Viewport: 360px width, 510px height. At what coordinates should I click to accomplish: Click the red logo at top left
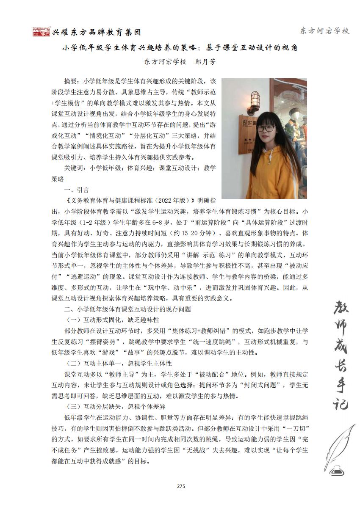coord(42,32)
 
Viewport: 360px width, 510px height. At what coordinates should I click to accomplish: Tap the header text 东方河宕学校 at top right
coord(324,31)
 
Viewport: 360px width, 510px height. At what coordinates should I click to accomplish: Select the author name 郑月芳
coord(205,62)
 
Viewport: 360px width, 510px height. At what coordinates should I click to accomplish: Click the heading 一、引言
coord(76,190)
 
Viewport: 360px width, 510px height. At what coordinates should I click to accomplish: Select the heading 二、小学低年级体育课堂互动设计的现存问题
coord(127,309)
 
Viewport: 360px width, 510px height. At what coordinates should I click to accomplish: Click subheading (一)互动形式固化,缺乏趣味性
coord(113,320)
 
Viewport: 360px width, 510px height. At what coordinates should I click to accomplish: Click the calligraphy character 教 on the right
coord(337,312)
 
